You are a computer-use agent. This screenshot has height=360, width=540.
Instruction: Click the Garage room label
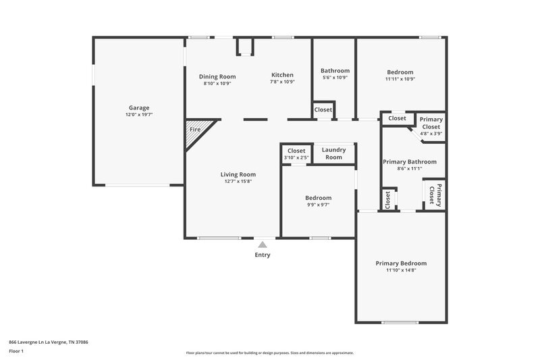139,107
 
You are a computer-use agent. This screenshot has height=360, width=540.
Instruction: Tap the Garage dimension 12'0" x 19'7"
139,115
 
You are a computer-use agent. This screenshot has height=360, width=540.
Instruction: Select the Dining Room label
217,76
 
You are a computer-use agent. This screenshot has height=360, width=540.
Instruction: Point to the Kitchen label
282,75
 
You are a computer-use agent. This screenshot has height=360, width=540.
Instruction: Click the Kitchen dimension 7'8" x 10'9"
282,82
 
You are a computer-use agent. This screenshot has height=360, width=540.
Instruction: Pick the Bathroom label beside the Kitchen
335,71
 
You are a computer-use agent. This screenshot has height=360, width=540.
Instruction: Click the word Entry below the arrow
263,255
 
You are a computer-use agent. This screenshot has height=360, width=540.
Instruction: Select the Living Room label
238,174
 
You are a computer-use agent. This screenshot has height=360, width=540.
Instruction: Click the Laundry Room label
333,153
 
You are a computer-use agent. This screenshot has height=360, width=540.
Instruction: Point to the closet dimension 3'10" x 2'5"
296,158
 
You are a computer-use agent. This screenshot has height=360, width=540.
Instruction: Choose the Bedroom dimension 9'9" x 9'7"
318,205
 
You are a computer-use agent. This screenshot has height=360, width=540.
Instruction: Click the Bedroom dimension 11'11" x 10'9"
400,79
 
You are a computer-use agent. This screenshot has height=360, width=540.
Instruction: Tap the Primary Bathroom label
409,162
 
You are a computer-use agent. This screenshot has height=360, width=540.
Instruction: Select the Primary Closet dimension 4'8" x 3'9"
431,134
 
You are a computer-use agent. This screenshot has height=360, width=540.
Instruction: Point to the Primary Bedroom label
401,263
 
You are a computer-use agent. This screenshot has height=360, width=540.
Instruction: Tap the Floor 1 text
16,351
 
